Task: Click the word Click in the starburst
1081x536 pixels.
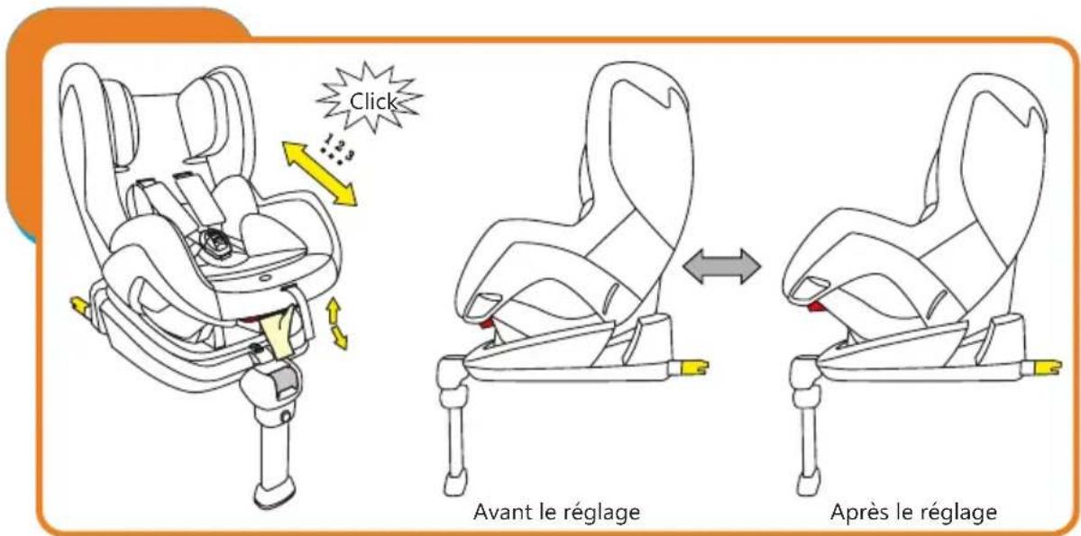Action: (374, 102)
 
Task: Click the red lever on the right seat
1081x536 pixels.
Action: (820, 307)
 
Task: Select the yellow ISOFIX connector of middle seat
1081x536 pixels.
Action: (694, 367)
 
